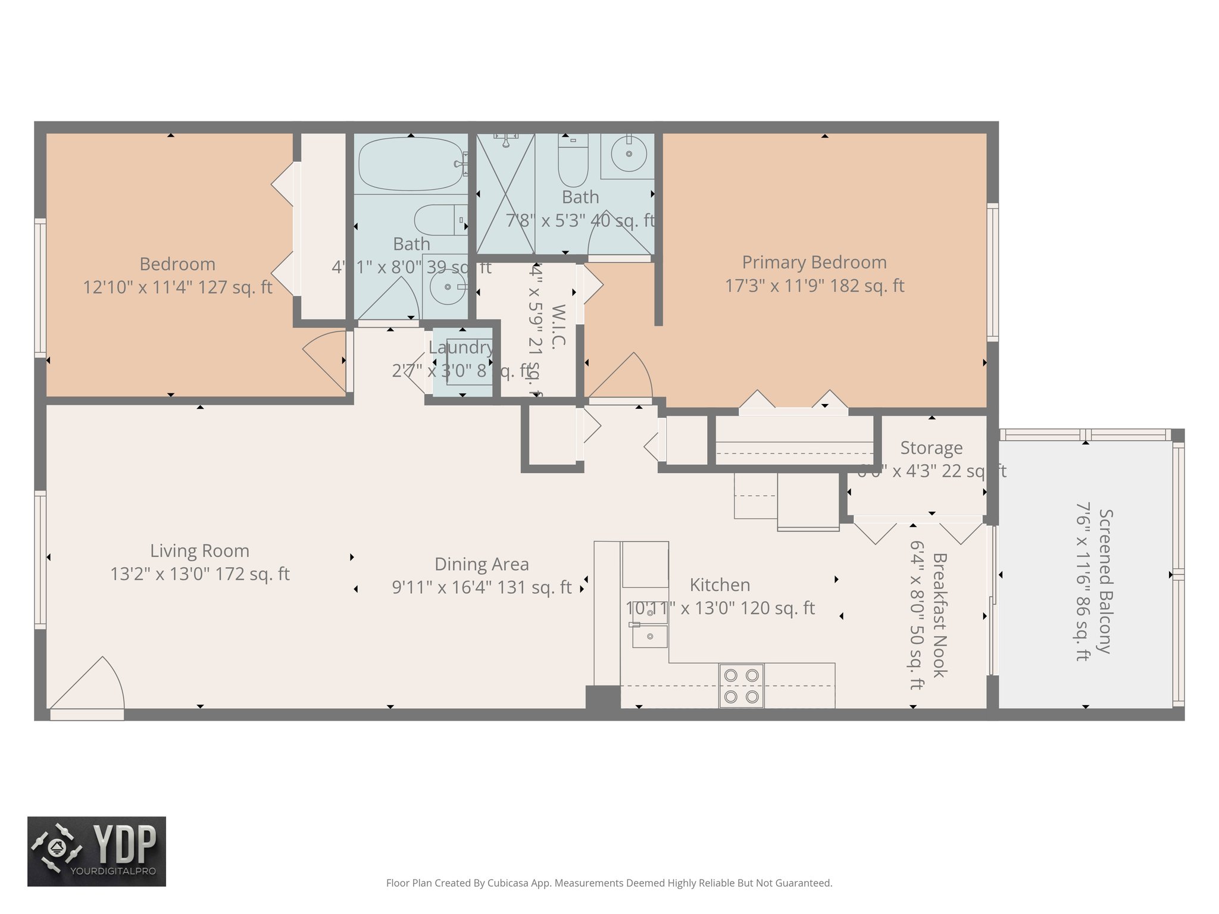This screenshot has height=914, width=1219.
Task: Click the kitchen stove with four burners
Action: click(x=741, y=685)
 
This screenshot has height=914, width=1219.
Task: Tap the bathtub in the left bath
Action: click(x=410, y=164)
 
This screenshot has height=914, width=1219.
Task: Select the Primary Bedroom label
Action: click(x=814, y=262)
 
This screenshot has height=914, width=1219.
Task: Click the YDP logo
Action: click(x=96, y=851)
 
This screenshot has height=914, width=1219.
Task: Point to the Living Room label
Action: click(x=199, y=551)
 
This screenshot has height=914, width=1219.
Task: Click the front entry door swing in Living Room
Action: click(x=89, y=684)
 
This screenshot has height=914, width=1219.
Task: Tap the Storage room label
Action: click(x=931, y=448)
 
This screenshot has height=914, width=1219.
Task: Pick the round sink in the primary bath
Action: click(x=629, y=154)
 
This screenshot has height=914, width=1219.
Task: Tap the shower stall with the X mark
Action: click(x=505, y=193)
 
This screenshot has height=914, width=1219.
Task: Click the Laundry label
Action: click(x=461, y=348)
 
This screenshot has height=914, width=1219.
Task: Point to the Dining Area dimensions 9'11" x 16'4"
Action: click(x=482, y=587)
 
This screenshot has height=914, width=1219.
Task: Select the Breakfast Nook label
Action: click(x=939, y=615)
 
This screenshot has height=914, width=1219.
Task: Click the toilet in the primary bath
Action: click(x=573, y=161)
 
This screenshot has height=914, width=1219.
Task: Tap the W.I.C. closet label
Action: click(x=559, y=326)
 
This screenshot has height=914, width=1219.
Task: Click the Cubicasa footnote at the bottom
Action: click(x=609, y=883)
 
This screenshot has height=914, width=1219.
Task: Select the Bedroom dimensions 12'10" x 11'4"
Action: click(x=177, y=287)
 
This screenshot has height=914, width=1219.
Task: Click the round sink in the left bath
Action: click(x=448, y=287)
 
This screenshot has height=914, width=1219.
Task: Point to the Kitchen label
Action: click(x=720, y=585)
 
